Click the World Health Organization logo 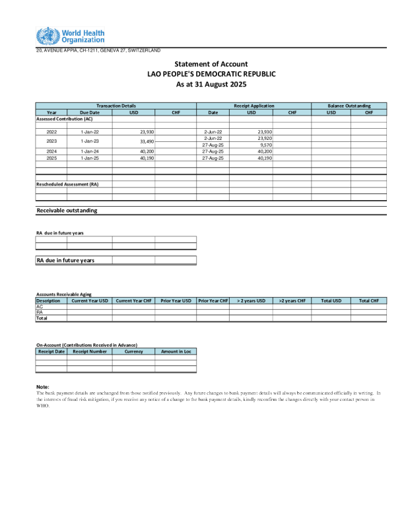coord(70,36)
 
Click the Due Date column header coord(89,112)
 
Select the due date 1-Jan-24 coord(89,151)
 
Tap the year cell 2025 coord(51,158)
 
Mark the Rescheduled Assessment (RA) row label coord(67,184)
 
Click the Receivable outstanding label coord(67,210)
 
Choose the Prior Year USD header coord(176,300)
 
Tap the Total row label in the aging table coord(42,318)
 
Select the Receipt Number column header coord(89,351)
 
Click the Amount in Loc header coord(176,351)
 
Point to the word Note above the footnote coord(42,387)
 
